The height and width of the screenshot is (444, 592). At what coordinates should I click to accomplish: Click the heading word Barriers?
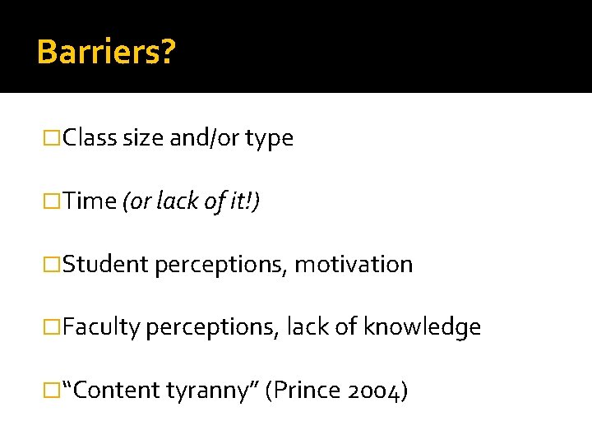106,52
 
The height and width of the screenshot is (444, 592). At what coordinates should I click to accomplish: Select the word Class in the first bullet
90,138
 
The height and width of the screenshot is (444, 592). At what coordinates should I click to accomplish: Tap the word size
144,138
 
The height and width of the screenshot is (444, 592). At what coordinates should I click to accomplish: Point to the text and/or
206,138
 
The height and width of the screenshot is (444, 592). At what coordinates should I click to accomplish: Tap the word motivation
354,265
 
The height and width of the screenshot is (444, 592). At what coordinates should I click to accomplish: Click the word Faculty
102,328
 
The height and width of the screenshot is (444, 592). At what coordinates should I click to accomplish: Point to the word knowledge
422,328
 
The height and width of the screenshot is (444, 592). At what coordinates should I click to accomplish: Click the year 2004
375,391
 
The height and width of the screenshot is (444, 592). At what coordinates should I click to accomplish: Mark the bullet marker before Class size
53,138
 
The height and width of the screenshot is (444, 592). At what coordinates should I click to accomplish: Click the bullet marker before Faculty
53,328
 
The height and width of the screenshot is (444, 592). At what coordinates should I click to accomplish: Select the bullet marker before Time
53,201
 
